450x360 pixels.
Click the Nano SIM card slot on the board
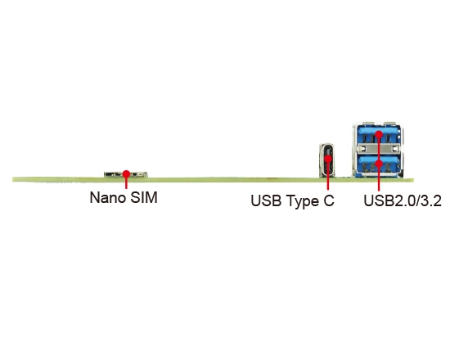click(x=126, y=174)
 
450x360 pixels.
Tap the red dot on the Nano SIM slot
click(x=126, y=173)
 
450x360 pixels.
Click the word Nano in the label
click(x=108, y=197)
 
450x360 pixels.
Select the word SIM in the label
click(x=144, y=197)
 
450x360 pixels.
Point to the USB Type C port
click(x=327, y=160)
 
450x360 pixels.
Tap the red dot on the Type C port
click(x=328, y=159)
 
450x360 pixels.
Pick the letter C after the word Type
click(x=329, y=200)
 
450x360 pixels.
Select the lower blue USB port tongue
click(x=378, y=160)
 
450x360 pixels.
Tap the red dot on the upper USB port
click(x=379, y=134)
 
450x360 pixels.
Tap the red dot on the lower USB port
click(x=379, y=164)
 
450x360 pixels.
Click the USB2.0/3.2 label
click(x=403, y=200)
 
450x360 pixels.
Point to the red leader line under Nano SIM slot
click(x=126, y=182)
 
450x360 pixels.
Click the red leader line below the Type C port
click(x=328, y=176)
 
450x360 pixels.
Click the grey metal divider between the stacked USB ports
click(x=378, y=148)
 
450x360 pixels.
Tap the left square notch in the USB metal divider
click(x=363, y=148)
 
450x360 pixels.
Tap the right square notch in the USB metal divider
click(x=396, y=148)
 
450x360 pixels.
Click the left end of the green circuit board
click(x=13, y=179)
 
